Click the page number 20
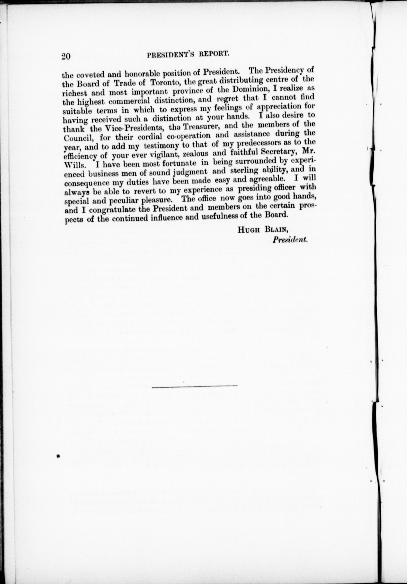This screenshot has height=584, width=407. [x=66, y=56]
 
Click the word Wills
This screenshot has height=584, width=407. [x=75, y=165]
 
